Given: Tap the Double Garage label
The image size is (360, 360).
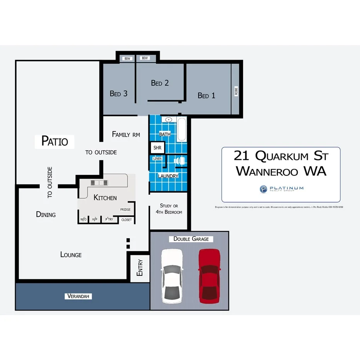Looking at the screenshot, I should pyautogui.click(x=191, y=239).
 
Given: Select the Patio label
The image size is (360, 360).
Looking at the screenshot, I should pyautogui.click(x=54, y=141).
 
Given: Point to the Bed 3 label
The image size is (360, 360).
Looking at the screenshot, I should pyautogui.click(x=119, y=93).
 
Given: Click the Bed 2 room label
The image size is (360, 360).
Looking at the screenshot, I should pyautogui.click(x=160, y=83).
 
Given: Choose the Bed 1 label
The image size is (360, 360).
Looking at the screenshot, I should pyautogui.click(x=206, y=95).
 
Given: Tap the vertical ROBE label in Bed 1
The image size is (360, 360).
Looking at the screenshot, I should pyautogui.click(x=236, y=91).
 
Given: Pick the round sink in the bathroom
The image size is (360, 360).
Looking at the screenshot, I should pyautogui.click(x=168, y=120).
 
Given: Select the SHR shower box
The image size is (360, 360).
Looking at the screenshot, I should pyautogui.click(x=157, y=148).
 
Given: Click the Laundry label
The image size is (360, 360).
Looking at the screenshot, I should pyautogui.click(x=168, y=176).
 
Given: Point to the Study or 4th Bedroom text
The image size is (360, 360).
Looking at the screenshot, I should pyautogui.click(x=168, y=209).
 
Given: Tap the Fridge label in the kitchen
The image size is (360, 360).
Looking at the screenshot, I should pyautogui.click(x=125, y=209).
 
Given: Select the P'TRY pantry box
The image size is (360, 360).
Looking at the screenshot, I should pyautogui.click(x=109, y=219).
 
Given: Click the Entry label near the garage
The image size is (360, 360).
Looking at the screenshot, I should pyautogui.click(x=140, y=267).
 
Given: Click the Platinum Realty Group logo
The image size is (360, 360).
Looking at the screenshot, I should pyautogui.click(x=281, y=189).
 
